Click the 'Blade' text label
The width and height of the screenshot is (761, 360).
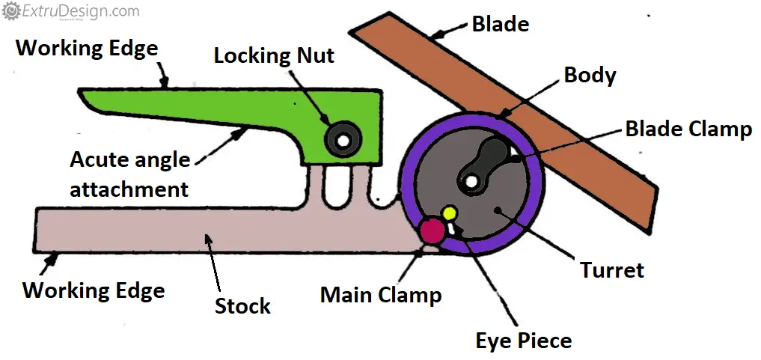[x=500, y=24]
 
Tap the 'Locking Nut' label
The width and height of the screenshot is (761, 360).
[x=274, y=55]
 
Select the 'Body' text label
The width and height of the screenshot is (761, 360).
[x=590, y=76]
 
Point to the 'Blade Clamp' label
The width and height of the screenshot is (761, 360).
[x=688, y=129]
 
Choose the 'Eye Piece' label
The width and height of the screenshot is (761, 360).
[x=523, y=341]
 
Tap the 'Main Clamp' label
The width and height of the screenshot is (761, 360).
[x=380, y=294]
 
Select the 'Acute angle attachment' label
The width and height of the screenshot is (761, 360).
[x=129, y=174]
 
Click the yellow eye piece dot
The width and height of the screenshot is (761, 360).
[x=449, y=213]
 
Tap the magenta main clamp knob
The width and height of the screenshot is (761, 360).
[x=433, y=231]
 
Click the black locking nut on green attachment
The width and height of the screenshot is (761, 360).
[x=342, y=139]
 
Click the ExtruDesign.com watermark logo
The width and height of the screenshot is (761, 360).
[x=71, y=11]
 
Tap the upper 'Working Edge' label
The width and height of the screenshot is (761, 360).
[x=87, y=49]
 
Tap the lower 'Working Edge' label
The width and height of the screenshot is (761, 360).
[x=94, y=290]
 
